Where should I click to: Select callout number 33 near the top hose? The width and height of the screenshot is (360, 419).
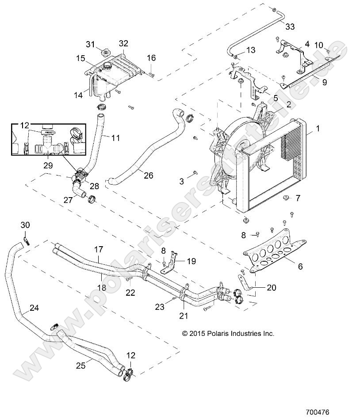(x=290, y=27)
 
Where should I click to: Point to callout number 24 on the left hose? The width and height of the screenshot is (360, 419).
(x=34, y=308)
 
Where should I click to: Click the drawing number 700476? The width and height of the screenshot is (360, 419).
(x=317, y=411)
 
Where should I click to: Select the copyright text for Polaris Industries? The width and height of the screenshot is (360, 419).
(x=228, y=334)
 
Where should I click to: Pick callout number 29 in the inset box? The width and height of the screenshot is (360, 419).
(x=48, y=166)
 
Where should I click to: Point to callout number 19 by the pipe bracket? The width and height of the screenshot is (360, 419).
(x=191, y=261)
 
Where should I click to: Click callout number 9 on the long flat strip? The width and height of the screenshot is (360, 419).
(x=324, y=82)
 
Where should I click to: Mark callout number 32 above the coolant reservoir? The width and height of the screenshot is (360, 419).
(x=123, y=43)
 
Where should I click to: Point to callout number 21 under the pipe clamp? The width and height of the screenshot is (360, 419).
(x=183, y=316)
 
